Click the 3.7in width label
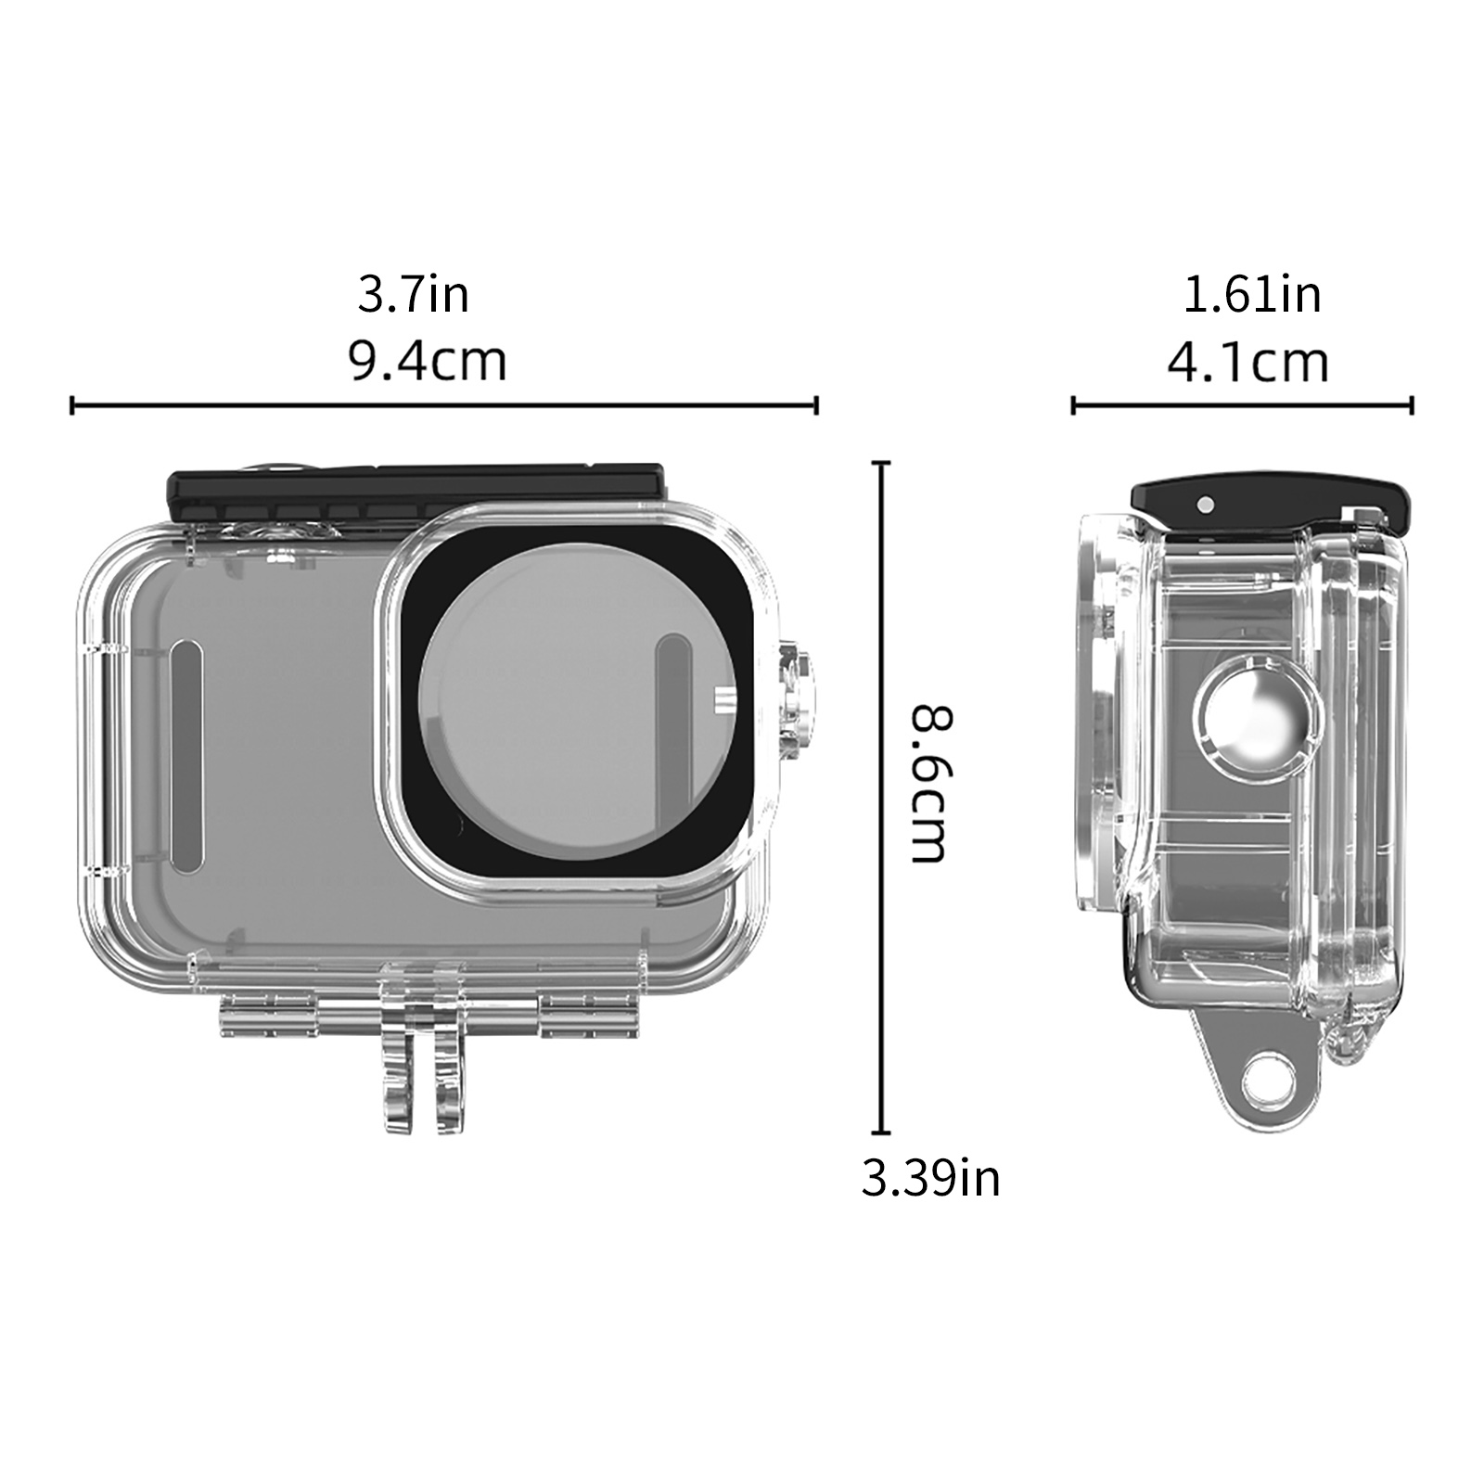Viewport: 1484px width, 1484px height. tap(414, 294)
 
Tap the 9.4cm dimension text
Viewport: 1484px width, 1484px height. tap(428, 361)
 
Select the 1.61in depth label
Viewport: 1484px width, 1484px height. tap(1251, 294)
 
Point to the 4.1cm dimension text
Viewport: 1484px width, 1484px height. tap(1247, 362)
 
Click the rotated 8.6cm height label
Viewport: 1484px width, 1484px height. tap(930, 784)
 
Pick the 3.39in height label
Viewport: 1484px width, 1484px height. tap(930, 1179)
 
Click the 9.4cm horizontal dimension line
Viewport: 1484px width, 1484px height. tap(444, 405)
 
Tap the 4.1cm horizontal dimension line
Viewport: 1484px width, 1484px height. tap(1243, 405)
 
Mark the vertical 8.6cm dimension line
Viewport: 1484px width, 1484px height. tap(880, 798)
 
